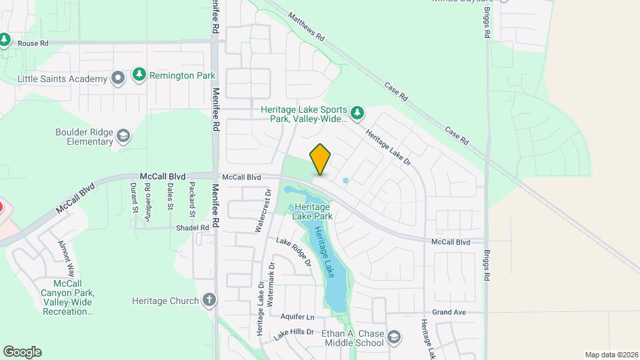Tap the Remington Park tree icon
point(139,75)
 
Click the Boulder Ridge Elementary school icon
point(123,137)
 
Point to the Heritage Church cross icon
point(209,300)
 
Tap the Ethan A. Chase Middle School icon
point(393,335)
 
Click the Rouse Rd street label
point(33,43)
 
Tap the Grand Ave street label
point(448,312)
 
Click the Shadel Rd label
point(193,227)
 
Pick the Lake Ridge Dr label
point(294,252)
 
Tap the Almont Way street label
point(66,259)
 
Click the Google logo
point(22,352)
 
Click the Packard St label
point(192,199)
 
